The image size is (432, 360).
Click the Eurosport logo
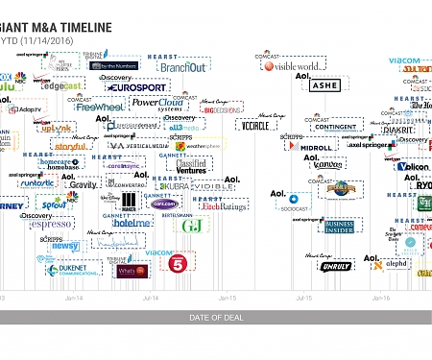[x=136, y=87]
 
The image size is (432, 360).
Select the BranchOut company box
[x=182, y=68]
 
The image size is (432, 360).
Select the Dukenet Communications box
[x=77, y=270]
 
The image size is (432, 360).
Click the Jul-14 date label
[x=151, y=299]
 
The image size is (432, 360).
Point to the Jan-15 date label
[x=228, y=299]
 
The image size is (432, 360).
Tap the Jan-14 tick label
[x=74, y=299]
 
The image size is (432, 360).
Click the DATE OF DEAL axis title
[x=216, y=317]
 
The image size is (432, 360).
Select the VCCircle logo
[x=254, y=126]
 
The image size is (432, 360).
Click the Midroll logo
[x=316, y=148]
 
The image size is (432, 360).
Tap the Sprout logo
[x=52, y=204]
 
